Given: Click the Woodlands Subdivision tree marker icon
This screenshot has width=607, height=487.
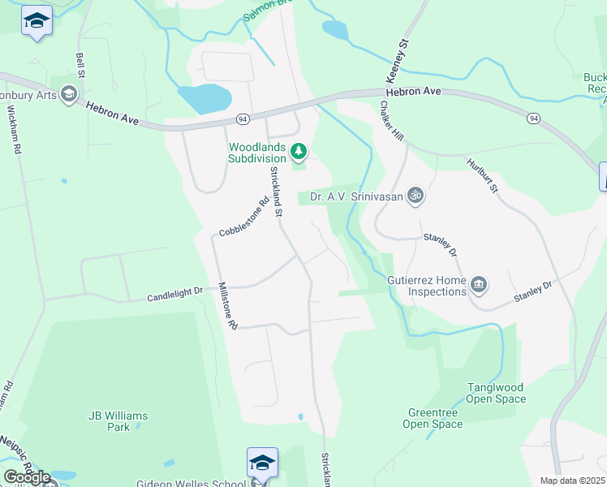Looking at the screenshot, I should click(x=299, y=150).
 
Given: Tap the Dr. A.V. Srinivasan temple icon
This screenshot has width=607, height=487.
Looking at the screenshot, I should click(x=415, y=195).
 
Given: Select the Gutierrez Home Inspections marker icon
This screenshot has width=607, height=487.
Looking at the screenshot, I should click(x=479, y=282).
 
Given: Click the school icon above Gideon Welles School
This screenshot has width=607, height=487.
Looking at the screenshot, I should click(x=262, y=462).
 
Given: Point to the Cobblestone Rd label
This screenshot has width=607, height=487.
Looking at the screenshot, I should click(x=243, y=218).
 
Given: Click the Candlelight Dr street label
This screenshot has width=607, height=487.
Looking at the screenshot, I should click(x=174, y=297).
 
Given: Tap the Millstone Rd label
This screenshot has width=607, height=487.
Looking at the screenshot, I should click(x=226, y=306).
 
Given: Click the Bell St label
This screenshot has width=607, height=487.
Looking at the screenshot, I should click(x=80, y=63).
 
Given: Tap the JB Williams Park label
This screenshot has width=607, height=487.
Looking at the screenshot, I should click(x=118, y=421).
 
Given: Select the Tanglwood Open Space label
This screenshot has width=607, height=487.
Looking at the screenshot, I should click(x=496, y=393).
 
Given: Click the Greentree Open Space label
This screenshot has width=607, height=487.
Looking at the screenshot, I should click(x=433, y=418).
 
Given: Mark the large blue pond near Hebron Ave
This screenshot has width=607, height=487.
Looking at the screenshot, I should click(x=204, y=98).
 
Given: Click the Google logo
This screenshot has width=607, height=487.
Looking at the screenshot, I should click(x=28, y=477).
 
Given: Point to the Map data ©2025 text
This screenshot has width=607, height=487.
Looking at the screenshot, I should click(x=572, y=481).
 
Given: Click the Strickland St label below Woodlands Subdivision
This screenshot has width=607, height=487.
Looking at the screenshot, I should click(x=276, y=192).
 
